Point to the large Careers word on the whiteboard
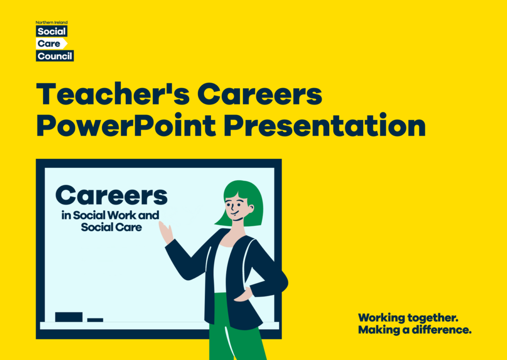coord(111,196)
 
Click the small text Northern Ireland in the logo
coord(51,22)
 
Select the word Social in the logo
coord(51,32)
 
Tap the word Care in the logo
coord(49,44)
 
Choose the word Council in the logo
coord(55,56)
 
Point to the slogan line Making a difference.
coord(414,330)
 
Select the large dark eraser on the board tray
coord(69,317)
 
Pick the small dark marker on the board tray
coord(95,320)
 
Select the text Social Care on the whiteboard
coord(111,227)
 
